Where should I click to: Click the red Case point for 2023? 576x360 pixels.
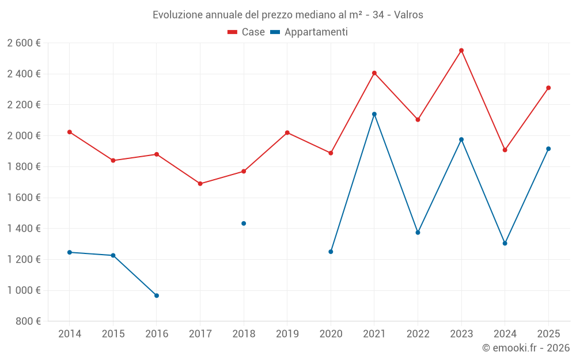click(x=461, y=51)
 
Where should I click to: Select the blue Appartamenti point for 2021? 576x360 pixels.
click(x=374, y=114)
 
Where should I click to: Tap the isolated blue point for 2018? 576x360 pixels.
click(x=244, y=223)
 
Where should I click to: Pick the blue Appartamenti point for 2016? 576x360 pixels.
click(x=157, y=295)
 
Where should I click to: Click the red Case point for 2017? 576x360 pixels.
click(x=200, y=184)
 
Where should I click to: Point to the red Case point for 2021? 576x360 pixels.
click(x=374, y=73)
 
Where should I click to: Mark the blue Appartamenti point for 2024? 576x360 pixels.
click(x=505, y=243)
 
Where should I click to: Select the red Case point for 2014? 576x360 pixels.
click(x=70, y=132)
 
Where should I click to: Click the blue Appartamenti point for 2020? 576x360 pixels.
click(x=331, y=252)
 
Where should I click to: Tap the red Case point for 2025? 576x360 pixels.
click(x=548, y=88)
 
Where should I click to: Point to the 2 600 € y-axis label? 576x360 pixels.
click(x=24, y=43)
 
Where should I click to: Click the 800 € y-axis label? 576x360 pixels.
click(x=28, y=321)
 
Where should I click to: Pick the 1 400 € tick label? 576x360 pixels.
click(x=24, y=229)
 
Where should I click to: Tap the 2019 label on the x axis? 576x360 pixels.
click(x=287, y=334)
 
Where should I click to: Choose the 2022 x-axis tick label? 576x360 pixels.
click(x=418, y=334)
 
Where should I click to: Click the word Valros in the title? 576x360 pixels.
click(x=408, y=15)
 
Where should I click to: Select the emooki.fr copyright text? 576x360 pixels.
click(x=526, y=348)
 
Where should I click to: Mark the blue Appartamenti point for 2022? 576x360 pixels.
click(x=418, y=233)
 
